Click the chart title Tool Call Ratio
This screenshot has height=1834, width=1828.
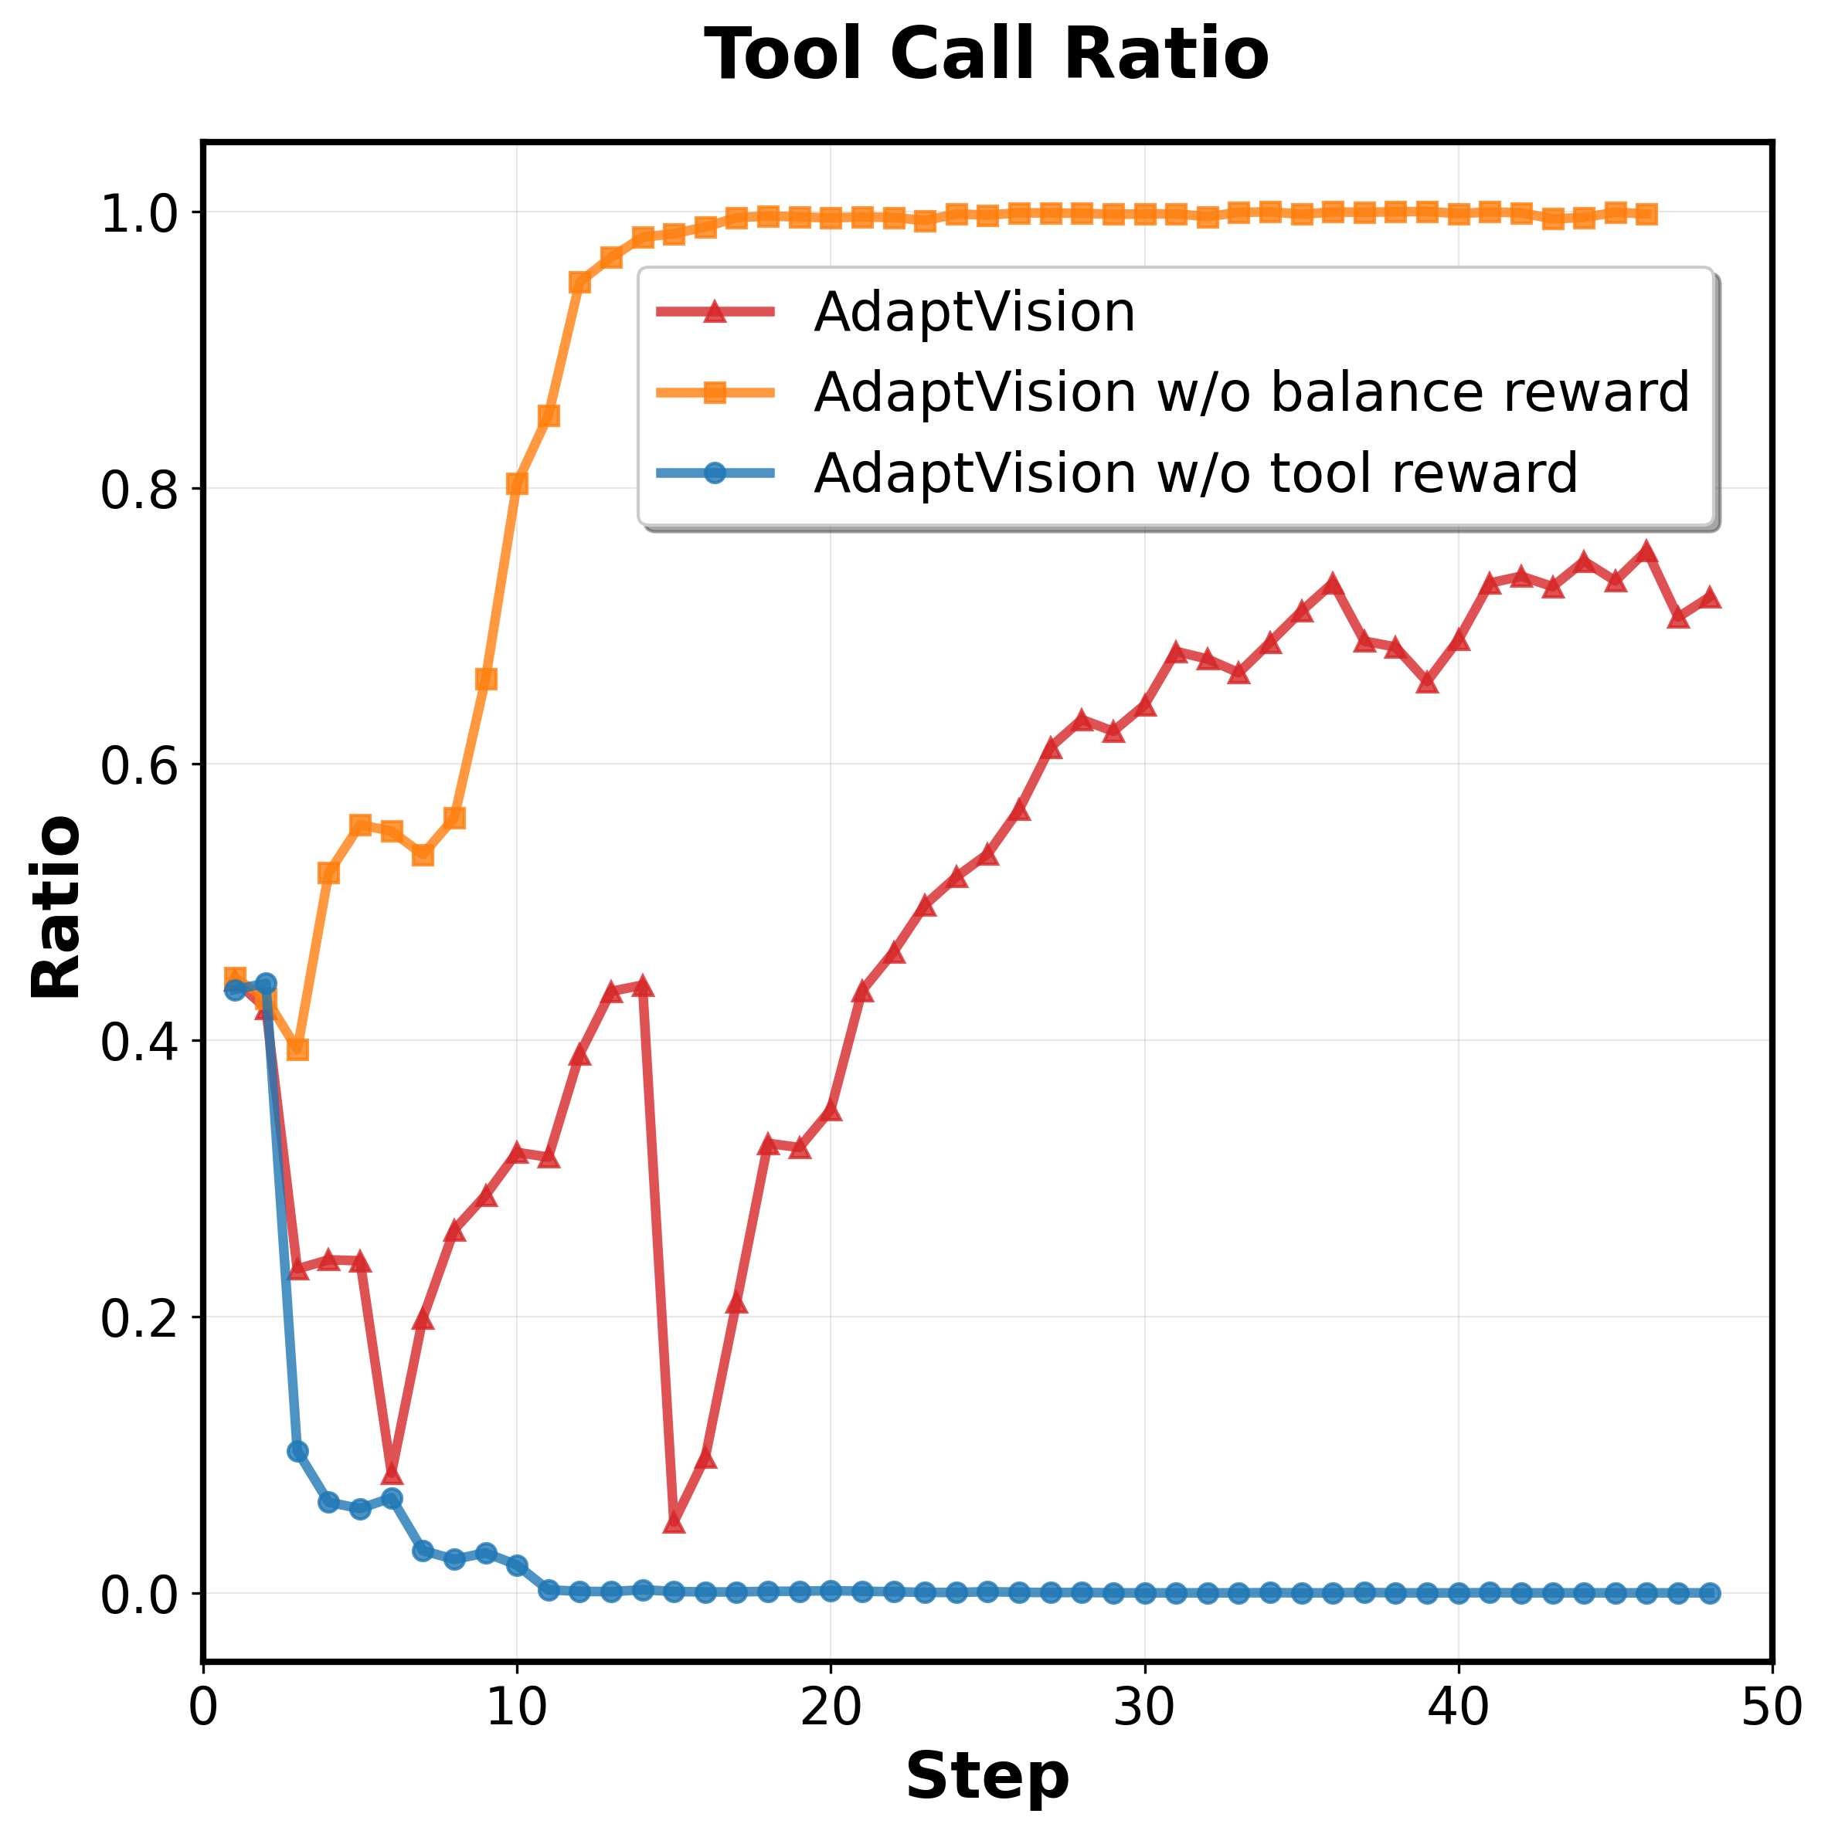tap(986, 54)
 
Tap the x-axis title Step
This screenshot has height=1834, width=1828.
tap(987, 1776)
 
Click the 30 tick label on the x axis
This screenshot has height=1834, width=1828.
tap(1144, 1707)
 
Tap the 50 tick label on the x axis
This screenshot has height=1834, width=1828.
tap(1771, 1707)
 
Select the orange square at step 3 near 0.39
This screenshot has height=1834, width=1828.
tap(297, 1049)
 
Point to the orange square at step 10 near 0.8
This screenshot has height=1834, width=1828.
tap(517, 484)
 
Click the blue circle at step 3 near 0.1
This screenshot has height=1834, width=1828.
tap(297, 1452)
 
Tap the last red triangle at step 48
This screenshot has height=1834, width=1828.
tap(1708, 597)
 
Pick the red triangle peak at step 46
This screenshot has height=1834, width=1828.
tap(1646, 551)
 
